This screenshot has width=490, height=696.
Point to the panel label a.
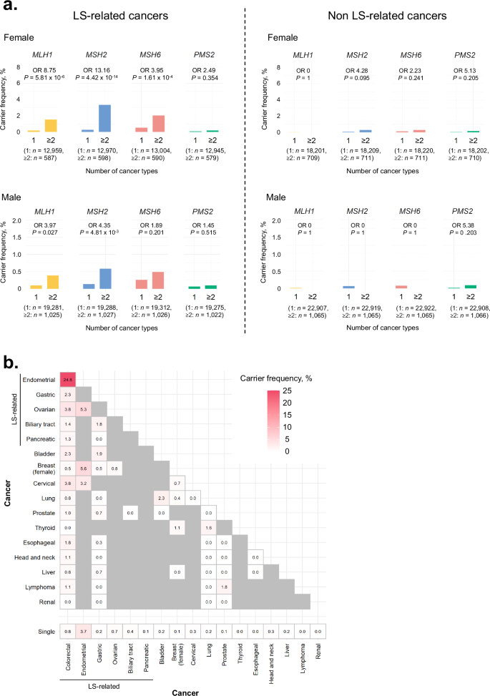pos(9,8)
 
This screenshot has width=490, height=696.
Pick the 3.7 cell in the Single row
pos(84,632)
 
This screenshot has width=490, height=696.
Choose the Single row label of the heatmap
pos(47,632)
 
